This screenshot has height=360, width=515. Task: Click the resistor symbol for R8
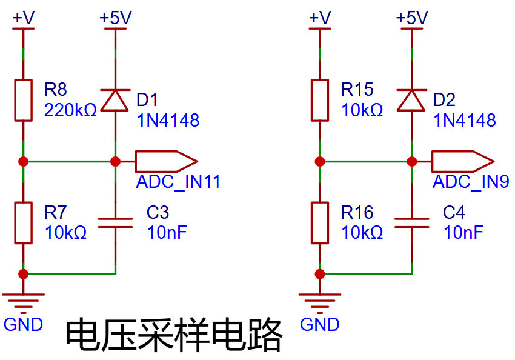23,100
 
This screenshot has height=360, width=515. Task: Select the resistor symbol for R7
23,223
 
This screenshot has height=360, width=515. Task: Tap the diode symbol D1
115,100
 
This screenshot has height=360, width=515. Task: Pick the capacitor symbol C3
115,223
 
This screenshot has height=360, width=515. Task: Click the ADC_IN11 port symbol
166,161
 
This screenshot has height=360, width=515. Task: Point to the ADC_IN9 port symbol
463,161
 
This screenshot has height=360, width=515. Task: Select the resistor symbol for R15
320,100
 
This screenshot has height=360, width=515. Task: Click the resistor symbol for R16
320,223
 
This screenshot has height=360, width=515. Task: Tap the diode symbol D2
411,100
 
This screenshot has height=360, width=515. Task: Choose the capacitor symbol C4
412,223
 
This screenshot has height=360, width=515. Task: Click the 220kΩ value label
70,110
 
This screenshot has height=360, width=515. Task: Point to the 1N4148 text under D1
168,120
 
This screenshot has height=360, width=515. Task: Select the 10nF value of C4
463,233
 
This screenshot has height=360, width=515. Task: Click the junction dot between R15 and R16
320,162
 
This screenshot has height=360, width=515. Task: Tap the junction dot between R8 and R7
23,162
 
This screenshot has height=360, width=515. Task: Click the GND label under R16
319,324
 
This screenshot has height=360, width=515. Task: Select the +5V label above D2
412,18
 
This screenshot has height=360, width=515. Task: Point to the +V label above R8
23,18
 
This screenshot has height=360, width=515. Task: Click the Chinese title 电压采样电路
174,335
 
